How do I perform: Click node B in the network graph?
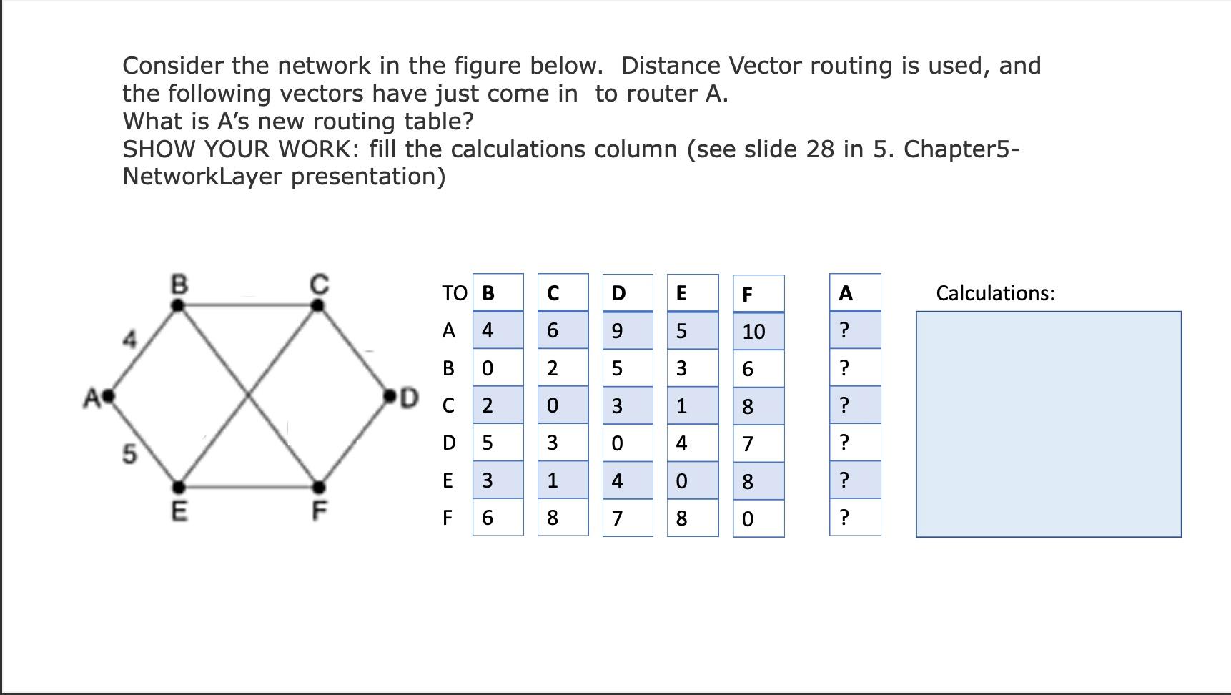[179, 305]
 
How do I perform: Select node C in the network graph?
[318, 305]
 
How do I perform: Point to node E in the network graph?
[179, 488]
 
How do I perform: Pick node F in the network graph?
[319, 488]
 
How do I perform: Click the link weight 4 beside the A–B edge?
[129, 340]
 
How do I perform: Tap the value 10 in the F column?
[754, 332]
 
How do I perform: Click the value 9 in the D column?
[617, 331]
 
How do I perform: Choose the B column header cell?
[498, 293]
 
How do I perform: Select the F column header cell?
[758, 294]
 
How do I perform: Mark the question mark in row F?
[845, 517]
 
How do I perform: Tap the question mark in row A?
[845, 330]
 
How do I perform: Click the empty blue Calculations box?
[1048, 424]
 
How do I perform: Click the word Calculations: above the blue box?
[995, 293]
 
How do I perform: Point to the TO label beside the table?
[454, 293]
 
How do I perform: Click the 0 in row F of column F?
[748, 519]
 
